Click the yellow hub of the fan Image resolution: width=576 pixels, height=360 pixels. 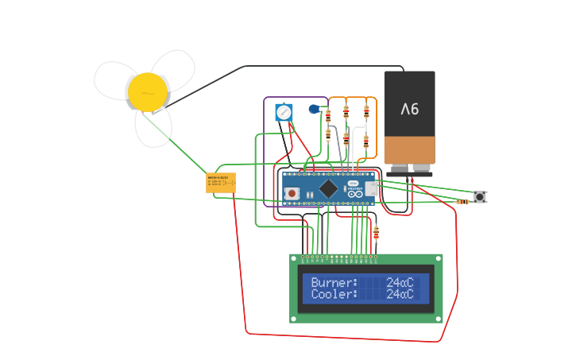(x=148, y=91)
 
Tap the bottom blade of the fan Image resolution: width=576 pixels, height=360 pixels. (x=153, y=128)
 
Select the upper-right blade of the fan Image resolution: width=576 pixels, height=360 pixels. (x=174, y=69)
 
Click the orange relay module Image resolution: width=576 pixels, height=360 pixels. (x=220, y=183)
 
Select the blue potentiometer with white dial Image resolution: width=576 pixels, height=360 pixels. (x=284, y=112)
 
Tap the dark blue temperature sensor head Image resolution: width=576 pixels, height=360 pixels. (x=314, y=109)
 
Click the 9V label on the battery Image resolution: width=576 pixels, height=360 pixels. (x=409, y=108)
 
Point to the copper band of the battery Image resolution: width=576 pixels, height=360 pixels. (x=409, y=149)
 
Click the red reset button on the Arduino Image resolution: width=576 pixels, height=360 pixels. (x=292, y=193)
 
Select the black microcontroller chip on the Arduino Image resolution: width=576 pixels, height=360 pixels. (x=327, y=188)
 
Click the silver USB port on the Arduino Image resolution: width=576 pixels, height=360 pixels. (x=371, y=188)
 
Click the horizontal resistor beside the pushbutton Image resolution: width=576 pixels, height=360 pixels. (x=462, y=202)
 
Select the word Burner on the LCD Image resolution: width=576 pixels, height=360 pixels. (x=334, y=282)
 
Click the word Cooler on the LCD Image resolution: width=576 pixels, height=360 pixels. (x=334, y=294)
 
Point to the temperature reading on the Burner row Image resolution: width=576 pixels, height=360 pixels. (x=400, y=282)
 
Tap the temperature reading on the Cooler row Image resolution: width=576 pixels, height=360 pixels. (x=400, y=294)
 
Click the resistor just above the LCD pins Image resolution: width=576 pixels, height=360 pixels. (x=376, y=232)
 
